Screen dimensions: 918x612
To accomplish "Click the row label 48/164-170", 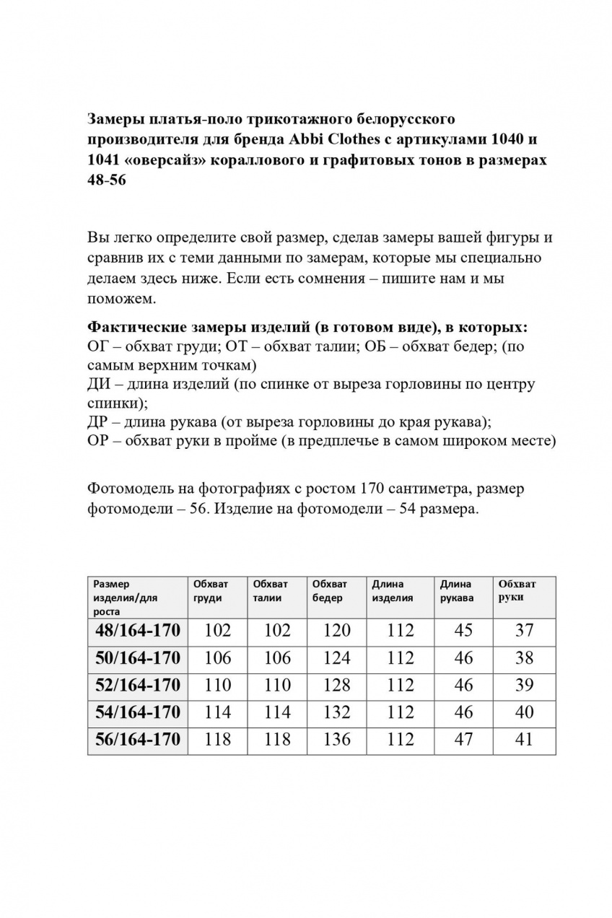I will (137, 631).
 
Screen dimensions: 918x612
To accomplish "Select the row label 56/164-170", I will (137, 740).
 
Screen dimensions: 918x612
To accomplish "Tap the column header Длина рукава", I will (457, 590).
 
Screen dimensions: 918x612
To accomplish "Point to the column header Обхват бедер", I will (330, 590).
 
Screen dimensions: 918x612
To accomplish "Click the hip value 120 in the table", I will (337, 631).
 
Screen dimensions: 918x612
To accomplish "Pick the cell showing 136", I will (337, 740).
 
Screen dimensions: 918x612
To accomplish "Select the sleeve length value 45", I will (464, 631).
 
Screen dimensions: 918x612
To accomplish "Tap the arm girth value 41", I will (525, 740).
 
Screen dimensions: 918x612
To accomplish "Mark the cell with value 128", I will (337, 685).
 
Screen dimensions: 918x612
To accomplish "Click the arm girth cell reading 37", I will (525, 631).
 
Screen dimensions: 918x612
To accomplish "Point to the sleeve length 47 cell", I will (464, 740).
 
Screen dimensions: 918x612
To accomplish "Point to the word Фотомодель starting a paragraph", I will (130, 489).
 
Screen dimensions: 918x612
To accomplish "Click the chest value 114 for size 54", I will (218, 712).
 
